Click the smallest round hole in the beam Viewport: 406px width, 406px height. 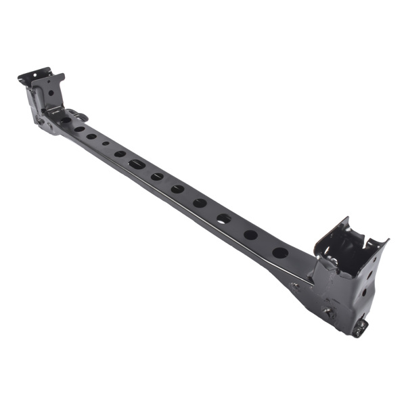point(106,143)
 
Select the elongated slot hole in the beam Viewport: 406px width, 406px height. point(137,164)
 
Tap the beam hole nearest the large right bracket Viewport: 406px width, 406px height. point(280,252)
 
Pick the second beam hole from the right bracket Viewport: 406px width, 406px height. point(250,235)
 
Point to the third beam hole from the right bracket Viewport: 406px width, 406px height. point(224,219)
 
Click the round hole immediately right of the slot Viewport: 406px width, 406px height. point(157,176)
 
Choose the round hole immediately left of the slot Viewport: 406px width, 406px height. point(120,154)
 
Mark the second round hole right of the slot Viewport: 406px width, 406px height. point(177,189)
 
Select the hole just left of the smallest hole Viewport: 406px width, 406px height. point(91,136)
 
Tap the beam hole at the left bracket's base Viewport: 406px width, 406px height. point(66,120)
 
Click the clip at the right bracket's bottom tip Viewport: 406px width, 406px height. point(359,328)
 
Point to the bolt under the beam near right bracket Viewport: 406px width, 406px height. point(295,286)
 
